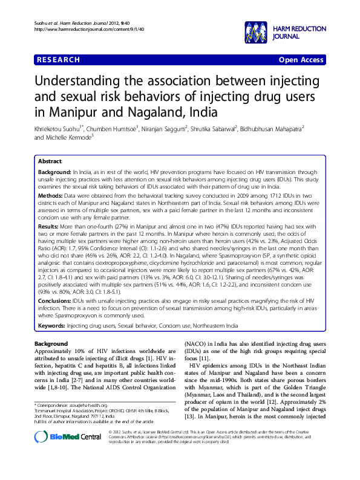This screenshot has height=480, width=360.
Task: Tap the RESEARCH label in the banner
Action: point(58,60)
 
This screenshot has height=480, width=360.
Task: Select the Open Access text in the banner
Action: point(301,60)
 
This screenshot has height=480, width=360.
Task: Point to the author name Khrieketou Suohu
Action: point(59,128)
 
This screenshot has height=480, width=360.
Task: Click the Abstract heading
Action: point(50,161)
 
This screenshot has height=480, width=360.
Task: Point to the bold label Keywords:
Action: point(51,325)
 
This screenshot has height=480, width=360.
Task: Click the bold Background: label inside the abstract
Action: point(54,172)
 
